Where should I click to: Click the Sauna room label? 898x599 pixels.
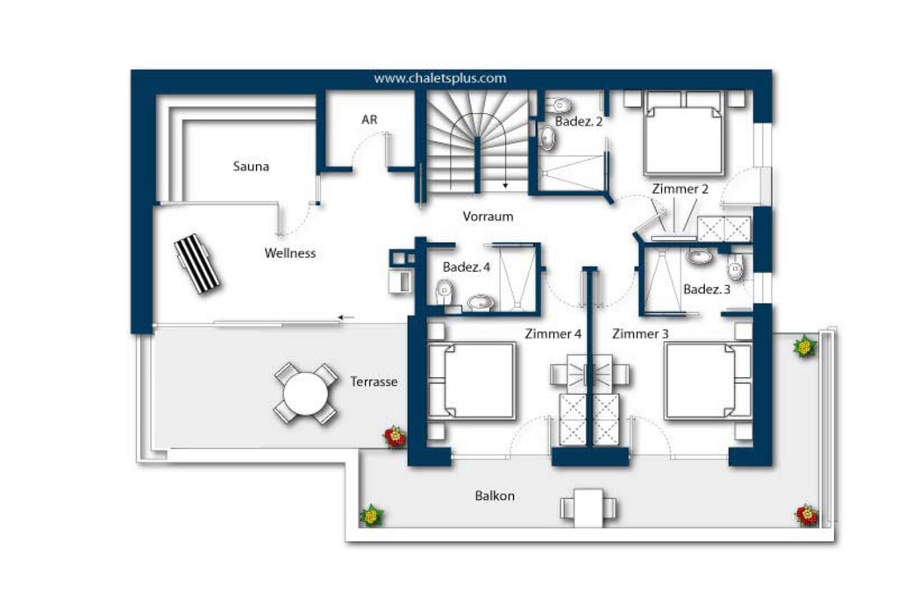251,167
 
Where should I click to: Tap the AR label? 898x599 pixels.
369,119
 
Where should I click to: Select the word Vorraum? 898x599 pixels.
488,217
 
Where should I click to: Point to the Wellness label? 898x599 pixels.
289,253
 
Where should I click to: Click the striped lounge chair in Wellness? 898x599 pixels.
197,263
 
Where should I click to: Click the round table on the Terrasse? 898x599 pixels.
306,394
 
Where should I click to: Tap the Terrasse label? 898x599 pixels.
374,382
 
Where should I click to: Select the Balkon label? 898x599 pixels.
495,496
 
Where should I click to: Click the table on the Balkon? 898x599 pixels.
588,508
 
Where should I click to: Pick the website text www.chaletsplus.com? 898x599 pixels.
440,78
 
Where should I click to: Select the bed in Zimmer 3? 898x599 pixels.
709,381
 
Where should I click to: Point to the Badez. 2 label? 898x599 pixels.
579,121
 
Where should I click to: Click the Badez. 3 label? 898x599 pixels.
706,289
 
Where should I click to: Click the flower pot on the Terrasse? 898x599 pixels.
394,437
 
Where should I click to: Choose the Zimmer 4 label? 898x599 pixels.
552,333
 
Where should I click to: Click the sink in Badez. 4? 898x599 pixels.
481,302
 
